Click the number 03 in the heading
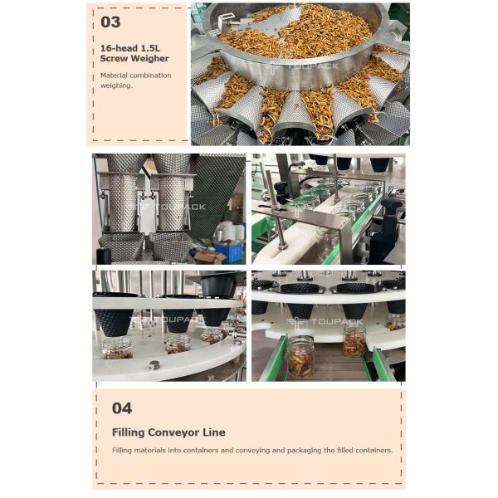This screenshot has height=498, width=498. click(110, 22)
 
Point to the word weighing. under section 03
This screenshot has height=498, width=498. click(116, 85)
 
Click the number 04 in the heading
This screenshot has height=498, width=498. click(121, 408)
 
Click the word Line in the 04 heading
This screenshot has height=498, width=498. click(214, 432)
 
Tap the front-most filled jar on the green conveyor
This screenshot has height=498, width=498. click(300, 355)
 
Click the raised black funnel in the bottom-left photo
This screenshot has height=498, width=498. click(217, 285)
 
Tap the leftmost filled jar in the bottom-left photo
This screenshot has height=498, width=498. click(117, 348)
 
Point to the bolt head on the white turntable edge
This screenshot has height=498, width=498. click(154, 364)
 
